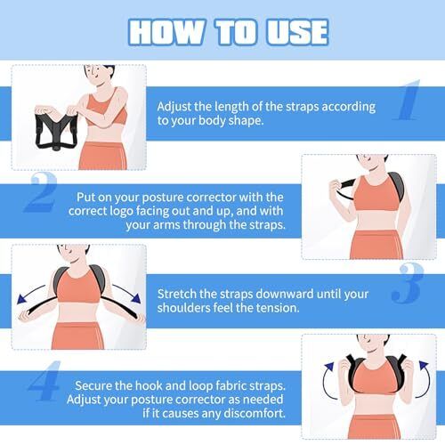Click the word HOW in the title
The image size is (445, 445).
tap(166, 32)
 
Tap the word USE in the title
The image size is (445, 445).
tap(297, 32)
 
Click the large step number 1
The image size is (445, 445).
tap(408, 100)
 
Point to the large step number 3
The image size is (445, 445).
tap(408, 283)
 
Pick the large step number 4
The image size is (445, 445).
tap(44, 381)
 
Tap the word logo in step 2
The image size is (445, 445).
tap(122, 211)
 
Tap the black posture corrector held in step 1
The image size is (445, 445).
tap(55, 131)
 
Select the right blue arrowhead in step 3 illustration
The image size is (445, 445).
tap(136, 298)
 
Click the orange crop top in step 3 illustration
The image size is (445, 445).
tap(78, 286)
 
